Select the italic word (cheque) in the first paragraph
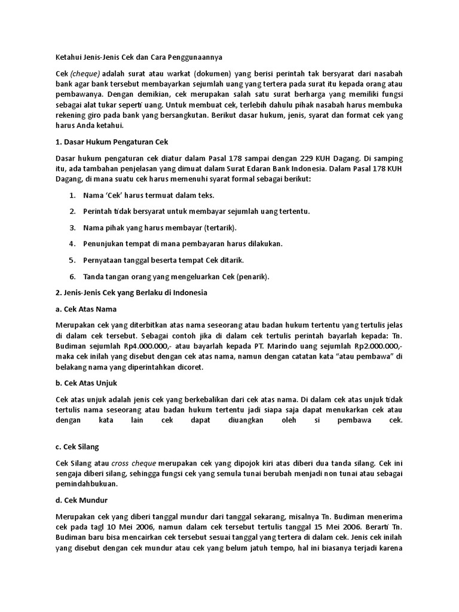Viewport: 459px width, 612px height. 85,74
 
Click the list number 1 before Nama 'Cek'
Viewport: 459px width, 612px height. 72,195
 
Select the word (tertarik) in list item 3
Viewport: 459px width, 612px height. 220,228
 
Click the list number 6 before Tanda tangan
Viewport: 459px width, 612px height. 72,276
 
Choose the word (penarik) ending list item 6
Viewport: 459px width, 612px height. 253,276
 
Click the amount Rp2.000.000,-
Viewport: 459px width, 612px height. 375,347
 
